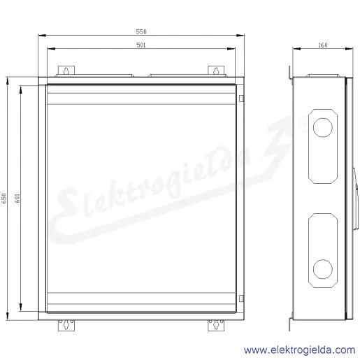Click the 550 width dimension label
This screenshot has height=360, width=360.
point(141,31)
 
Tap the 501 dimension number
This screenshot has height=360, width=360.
point(141,45)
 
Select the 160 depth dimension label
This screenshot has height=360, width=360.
point(323,45)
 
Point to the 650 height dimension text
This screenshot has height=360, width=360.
point(4,198)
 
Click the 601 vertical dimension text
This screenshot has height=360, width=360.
point(17,198)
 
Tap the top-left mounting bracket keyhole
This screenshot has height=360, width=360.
point(66,71)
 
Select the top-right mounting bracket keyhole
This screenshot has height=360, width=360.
point(216,71)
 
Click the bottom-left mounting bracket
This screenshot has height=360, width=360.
point(66,325)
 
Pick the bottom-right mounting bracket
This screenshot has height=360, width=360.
point(216,325)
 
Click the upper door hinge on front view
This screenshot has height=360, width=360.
point(241,99)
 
